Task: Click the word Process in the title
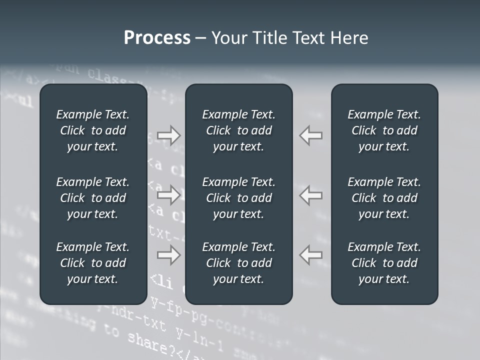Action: tap(157, 38)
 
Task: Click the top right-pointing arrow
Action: tap(169, 135)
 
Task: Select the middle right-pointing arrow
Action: tap(169, 195)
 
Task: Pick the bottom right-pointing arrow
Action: tap(169, 255)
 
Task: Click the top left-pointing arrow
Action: tap(311, 135)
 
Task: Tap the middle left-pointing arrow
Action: tap(311, 195)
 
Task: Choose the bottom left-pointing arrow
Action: tap(311, 255)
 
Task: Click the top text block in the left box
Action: tap(93, 130)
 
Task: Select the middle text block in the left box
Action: tap(93, 198)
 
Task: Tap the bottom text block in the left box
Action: tap(93, 263)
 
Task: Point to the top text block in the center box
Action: tap(238, 130)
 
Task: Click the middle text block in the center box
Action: tap(238, 198)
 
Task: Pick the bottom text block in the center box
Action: tap(238, 263)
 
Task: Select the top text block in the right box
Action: tap(384, 130)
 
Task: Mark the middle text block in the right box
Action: tap(384, 198)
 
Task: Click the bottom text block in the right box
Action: tap(384, 263)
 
